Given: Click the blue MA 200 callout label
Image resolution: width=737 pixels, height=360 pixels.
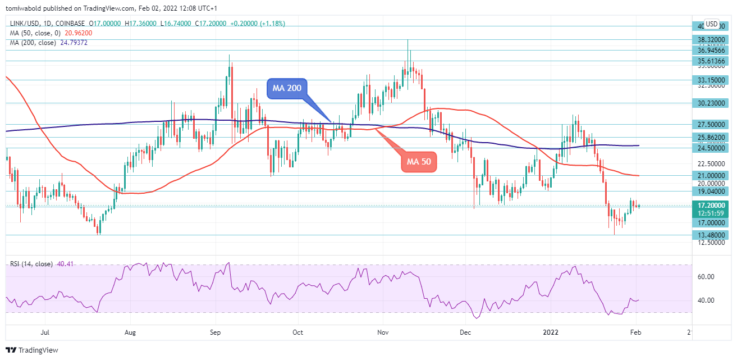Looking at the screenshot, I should [x=286, y=89].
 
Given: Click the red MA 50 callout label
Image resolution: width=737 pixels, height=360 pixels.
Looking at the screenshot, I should [x=419, y=162].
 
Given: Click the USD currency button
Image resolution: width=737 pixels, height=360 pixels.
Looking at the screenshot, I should [x=712, y=24].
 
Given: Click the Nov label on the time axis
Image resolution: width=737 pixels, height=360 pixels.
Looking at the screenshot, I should [x=383, y=332].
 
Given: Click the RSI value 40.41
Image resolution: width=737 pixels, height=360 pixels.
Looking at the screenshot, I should [x=65, y=264].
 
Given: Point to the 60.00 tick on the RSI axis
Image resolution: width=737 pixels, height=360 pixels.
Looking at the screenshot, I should [x=706, y=277].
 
